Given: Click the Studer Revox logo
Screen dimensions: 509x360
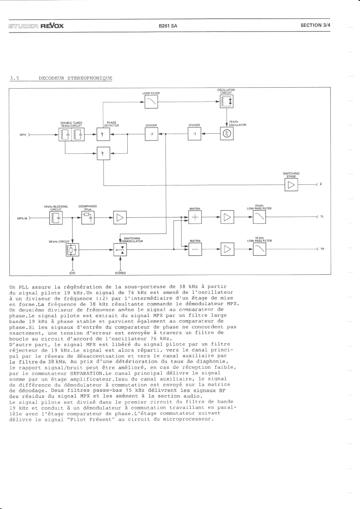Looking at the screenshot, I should click(x=36, y=26).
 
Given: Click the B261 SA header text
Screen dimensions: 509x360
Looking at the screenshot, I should click(x=168, y=26).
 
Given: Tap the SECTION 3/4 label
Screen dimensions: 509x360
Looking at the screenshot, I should click(x=315, y=25).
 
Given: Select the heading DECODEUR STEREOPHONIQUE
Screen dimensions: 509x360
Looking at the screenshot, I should click(x=75, y=78).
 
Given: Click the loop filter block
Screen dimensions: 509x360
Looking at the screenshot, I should click(x=151, y=102).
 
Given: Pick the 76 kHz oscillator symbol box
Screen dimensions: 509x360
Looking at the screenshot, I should click(x=227, y=134).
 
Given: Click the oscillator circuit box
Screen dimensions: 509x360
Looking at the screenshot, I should click(x=227, y=102).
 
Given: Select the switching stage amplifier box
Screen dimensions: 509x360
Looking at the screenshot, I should click(x=291, y=185).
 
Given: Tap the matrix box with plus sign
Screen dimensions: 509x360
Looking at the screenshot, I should click(x=195, y=217).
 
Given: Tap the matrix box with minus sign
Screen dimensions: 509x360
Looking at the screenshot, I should click(x=195, y=250).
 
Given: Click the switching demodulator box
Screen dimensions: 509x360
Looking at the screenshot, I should click(x=120, y=250).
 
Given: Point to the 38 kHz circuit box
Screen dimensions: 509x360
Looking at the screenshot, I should click(x=72, y=250).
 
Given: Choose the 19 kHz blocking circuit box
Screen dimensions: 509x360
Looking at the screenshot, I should click(x=56, y=217).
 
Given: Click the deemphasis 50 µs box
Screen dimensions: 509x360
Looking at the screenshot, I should click(x=88, y=217).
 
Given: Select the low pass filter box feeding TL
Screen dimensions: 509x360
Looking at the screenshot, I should click(x=259, y=217).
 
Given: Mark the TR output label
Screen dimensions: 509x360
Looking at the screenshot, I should click(x=322, y=249).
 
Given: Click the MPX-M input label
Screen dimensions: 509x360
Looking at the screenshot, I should click(x=22, y=218).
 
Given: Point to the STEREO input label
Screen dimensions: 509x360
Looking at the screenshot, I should click(x=120, y=273).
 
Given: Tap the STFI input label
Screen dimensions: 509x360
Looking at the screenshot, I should click(x=72, y=273).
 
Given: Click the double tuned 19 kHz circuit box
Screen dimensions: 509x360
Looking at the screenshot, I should click(x=71, y=134).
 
